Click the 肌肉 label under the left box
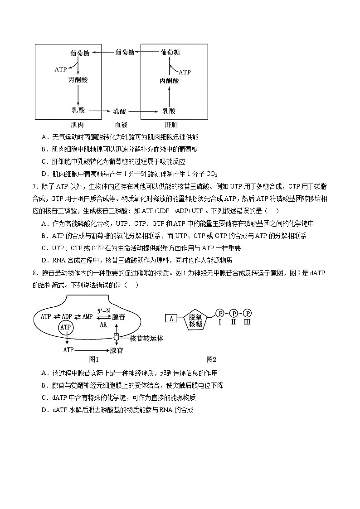pyautogui.click(x=77, y=125)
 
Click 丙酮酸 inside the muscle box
pyautogui.click(x=78, y=80)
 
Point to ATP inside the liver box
pyautogui.click(x=185, y=72)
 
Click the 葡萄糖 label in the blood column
pyautogui.click(x=125, y=53)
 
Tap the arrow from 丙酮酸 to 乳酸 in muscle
pyautogui.click(x=78, y=95)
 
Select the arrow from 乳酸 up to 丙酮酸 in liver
pyautogui.click(x=169, y=96)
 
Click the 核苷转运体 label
pyautogui.click(x=146, y=339)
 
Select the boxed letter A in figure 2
pyautogui.click(x=171, y=318)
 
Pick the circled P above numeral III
pyautogui.click(x=248, y=313)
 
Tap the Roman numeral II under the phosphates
pyautogui.click(x=234, y=322)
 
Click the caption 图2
pyautogui.click(x=211, y=359)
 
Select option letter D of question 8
pyautogui.click(x=44, y=410)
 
